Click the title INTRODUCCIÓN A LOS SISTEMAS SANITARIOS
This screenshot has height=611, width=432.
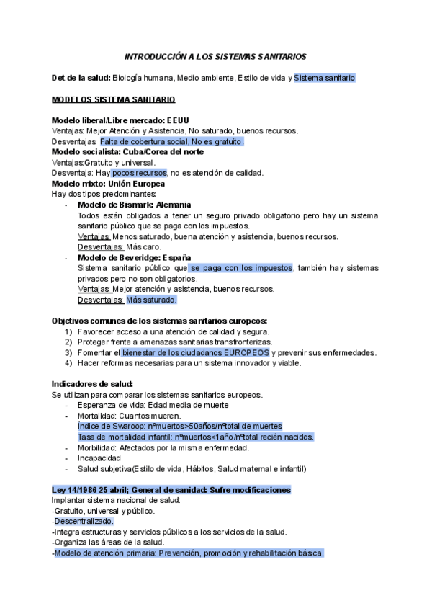pyautogui.click(x=216, y=55)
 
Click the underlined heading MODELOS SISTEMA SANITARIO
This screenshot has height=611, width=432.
pyautogui.click(x=114, y=99)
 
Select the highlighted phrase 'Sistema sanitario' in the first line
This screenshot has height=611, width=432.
pyautogui.click(x=324, y=78)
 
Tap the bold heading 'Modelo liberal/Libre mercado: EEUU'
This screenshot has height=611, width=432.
pyautogui.click(x=120, y=120)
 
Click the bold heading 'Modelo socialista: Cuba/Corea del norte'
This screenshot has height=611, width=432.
pyautogui.click(x=127, y=152)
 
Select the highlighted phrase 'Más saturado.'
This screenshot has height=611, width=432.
pyautogui.click(x=151, y=300)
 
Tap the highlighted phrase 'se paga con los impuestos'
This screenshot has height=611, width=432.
pyautogui.click(x=241, y=268)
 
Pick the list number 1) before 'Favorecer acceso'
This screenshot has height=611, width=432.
pyautogui.click(x=68, y=331)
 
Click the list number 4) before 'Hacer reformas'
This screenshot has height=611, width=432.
pyautogui.click(x=68, y=363)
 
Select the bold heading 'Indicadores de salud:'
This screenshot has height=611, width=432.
pyautogui.click(x=92, y=384)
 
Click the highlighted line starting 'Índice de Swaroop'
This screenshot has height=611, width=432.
pyautogui.click(x=179, y=427)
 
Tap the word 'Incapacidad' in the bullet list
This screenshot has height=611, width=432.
pyautogui.click(x=99, y=458)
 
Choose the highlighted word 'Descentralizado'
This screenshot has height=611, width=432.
pyautogui.click(x=84, y=501)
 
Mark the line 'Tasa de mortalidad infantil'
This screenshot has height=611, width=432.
pyautogui.click(x=196, y=437)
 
